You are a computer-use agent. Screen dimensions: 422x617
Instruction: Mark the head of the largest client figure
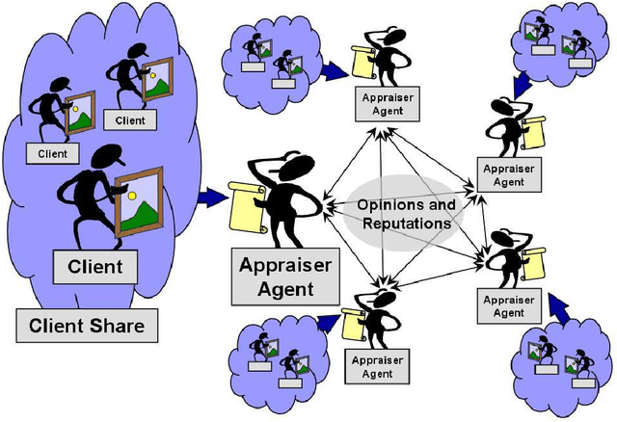pos(97,163)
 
